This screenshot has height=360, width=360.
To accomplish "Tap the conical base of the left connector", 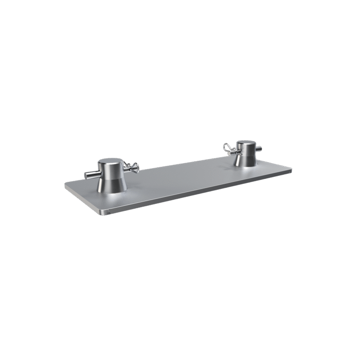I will click(x=112, y=183).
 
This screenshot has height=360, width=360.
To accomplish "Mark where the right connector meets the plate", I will click(x=246, y=166).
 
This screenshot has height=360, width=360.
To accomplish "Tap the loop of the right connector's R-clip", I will click(x=227, y=147).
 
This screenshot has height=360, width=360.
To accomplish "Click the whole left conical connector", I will click(x=112, y=176).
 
